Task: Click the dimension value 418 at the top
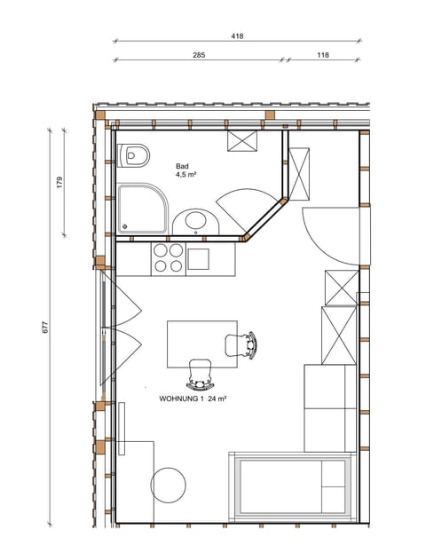pyautogui.click(x=237, y=36)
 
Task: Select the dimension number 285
pyautogui.click(x=199, y=55)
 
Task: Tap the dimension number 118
pyautogui.click(x=322, y=55)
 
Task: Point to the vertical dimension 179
pyautogui.click(x=59, y=183)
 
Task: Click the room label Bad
pyautogui.click(x=182, y=166)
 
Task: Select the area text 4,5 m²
pyautogui.click(x=185, y=175)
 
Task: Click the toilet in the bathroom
pyautogui.click(x=134, y=156)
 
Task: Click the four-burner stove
pyautogui.click(x=169, y=257)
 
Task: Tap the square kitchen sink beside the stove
pyautogui.click(x=198, y=258)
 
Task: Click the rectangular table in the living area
pyautogui.click(x=202, y=344)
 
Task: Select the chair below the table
pyautogui.click(x=201, y=373)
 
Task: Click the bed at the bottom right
pyautogui.click(x=293, y=486)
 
